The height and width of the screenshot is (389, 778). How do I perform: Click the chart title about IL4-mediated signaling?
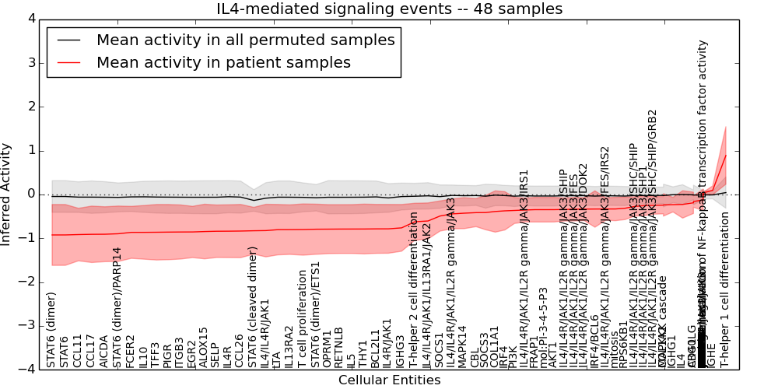pos(388,9)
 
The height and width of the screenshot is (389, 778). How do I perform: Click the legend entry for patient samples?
pos(223,62)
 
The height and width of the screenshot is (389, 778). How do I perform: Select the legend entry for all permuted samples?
pos(245,40)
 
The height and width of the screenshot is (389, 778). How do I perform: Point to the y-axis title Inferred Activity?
pos(7,194)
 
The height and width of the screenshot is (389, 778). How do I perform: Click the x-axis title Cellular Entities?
pos(389,380)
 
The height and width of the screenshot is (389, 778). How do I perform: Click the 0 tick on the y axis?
pos(31,194)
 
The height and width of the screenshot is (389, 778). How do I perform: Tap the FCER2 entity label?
pos(130,351)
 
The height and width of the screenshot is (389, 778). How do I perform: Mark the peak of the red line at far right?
pos(726,155)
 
